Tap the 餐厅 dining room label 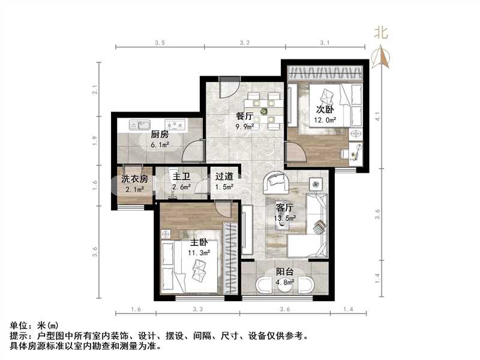(245, 117)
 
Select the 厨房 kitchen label (159, 134)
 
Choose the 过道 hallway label (224, 177)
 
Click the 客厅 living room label (284, 208)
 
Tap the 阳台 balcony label (284, 272)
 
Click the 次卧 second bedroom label (325, 110)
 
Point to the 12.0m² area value (326, 120)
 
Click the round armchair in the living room (277, 180)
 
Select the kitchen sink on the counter (137, 126)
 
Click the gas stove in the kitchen (175, 126)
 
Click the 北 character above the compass (381, 33)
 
